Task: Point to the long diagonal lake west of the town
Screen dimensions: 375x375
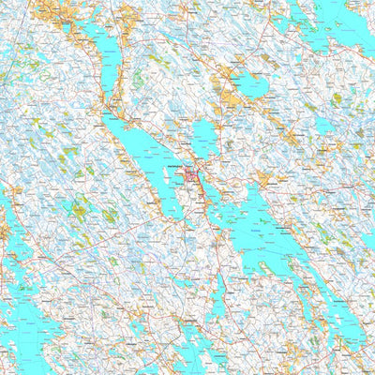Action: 150,164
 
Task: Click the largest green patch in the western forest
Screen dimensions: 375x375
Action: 79,212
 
